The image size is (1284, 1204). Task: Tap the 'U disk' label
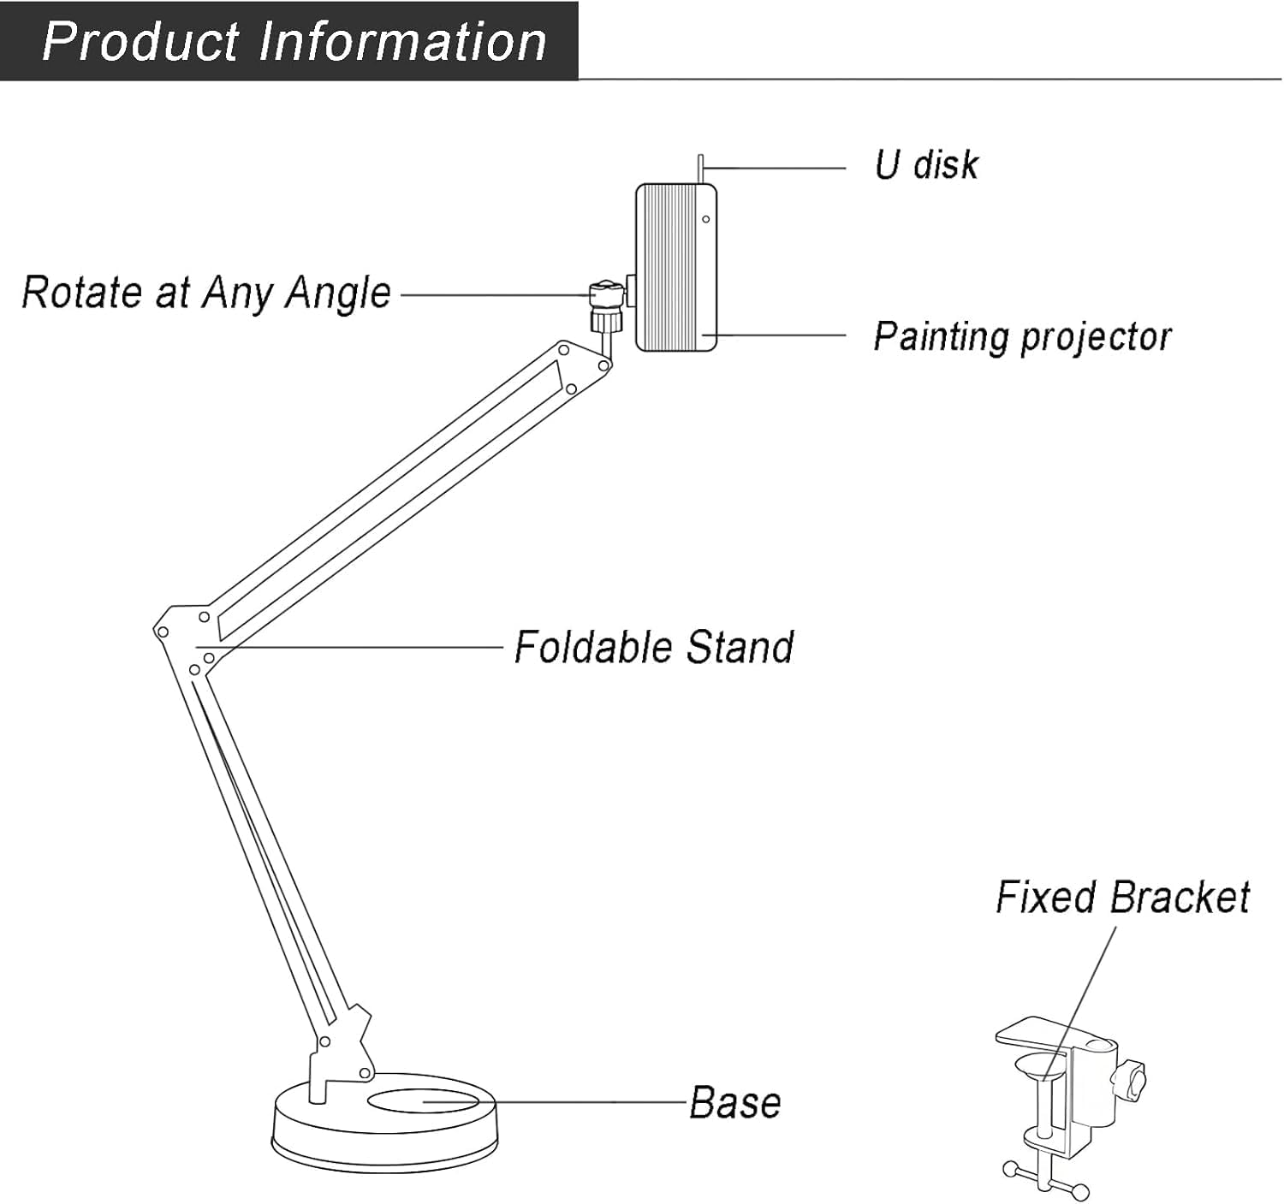pyautogui.click(x=926, y=165)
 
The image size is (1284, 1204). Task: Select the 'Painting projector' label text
pyautogui.click(x=1022, y=336)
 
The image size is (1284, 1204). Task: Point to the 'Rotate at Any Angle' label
pyautogui.click(x=206, y=294)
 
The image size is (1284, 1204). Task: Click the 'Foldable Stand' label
pyautogui.click(x=653, y=647)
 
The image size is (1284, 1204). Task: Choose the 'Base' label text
pyautogui.click(x=735, y=1103)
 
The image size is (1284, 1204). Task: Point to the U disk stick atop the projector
pyautogui.click(x=701, y=169)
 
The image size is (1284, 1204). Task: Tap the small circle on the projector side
pyautogui.click(x=706, y=219)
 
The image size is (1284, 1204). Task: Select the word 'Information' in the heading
pyautogui.click(x=402, y=41)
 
